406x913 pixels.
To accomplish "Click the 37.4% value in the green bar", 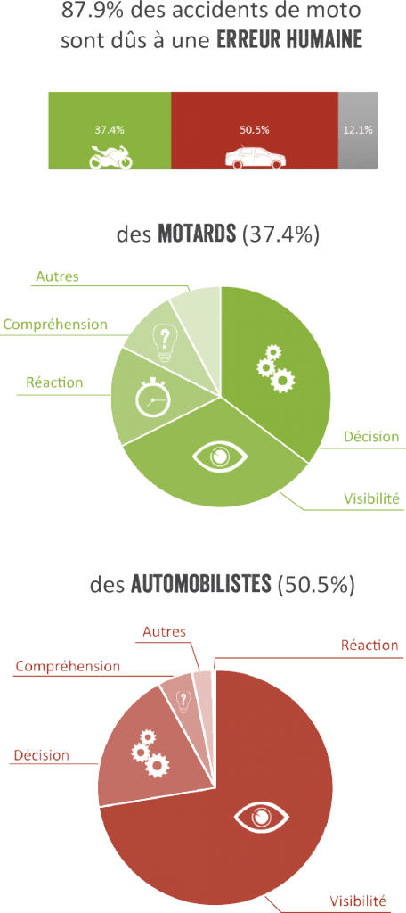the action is point(110,130).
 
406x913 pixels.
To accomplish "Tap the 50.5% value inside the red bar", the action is point(254,130).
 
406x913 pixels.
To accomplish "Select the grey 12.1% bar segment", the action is point(358,131).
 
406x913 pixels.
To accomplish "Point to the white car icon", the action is point(254,156).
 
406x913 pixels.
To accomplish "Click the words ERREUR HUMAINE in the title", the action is point(289,41).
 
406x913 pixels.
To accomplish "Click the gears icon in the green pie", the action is point(276,368).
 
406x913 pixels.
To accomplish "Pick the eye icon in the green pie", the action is point(219,456).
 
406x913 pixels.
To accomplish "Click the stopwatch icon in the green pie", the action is point(152,399).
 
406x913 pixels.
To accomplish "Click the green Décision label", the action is point(371,437).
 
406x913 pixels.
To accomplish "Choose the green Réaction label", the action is point(54,382).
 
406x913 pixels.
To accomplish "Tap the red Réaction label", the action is point(369,646).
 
